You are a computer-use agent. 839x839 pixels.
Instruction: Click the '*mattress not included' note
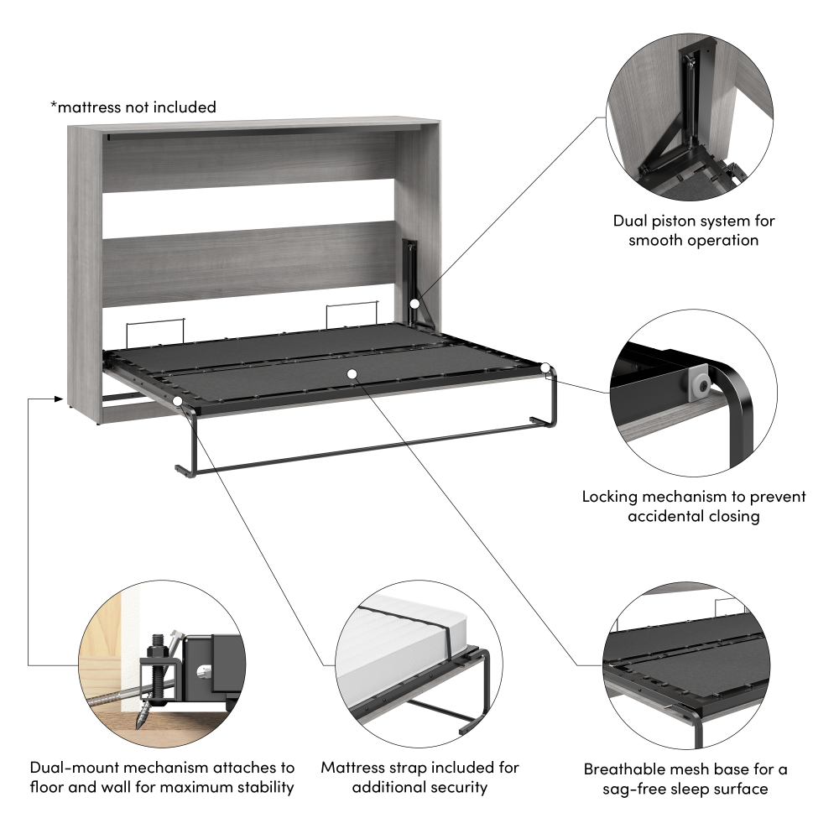click(x=133, y=107)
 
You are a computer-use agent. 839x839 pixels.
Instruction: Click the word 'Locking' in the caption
click(x=611, y=497)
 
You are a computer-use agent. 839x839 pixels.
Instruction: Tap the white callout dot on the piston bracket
click(x=415, y=304)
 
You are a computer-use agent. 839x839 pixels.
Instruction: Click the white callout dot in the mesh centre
click(x=352, y=373)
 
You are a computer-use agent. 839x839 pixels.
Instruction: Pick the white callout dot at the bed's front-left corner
click(x=179, y=403)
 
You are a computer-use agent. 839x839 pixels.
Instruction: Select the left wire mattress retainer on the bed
click(x=154, y=331)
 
